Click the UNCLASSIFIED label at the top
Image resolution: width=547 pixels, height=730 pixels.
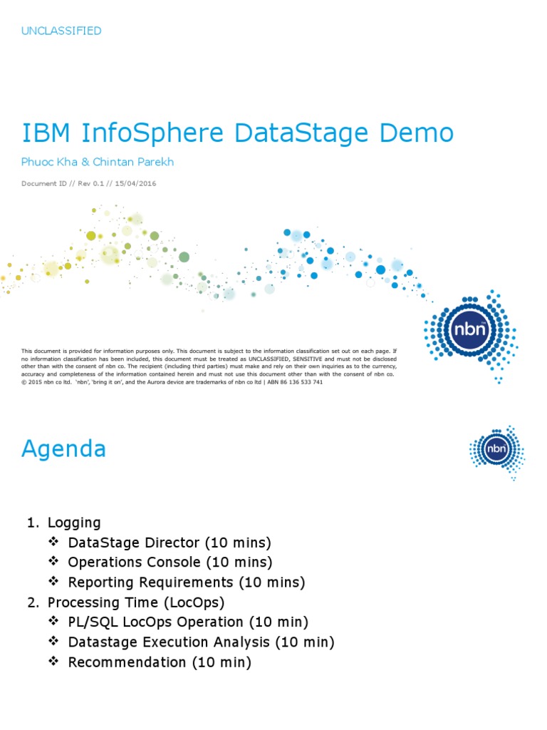(x=61, y=31)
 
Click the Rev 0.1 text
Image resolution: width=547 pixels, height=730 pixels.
(x=91, y=183)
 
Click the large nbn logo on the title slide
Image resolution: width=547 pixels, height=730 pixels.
(x=470, y=330)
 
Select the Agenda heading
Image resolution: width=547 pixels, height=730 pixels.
(x=64, y=449)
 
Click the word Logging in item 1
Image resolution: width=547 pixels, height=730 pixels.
(x=74, y=523)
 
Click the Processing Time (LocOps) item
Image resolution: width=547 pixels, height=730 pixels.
(x=136, y=602)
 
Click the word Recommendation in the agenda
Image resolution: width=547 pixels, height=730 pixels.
(x=127, y=662)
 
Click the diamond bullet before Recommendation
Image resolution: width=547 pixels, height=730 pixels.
(x=53, y=662)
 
